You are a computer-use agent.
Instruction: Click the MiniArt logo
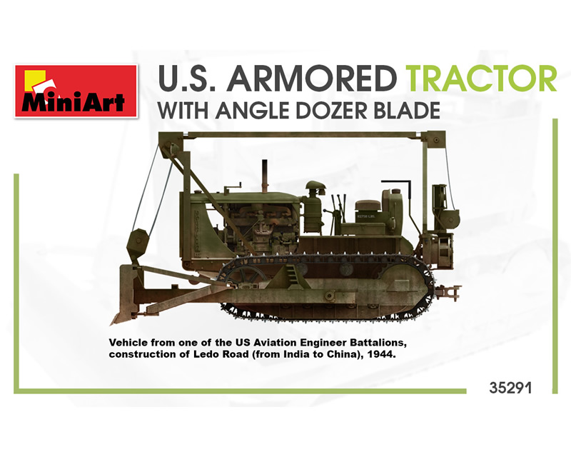coord(76,91)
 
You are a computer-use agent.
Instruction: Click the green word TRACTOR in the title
coord(482,79)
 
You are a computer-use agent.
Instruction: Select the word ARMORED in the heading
coord(311,79)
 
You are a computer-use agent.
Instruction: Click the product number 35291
coord(510,388)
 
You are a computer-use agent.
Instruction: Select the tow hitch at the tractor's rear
coord(449,292)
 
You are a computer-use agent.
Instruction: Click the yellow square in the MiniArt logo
coord(34,79)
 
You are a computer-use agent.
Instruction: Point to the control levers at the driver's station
coord(337,211)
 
